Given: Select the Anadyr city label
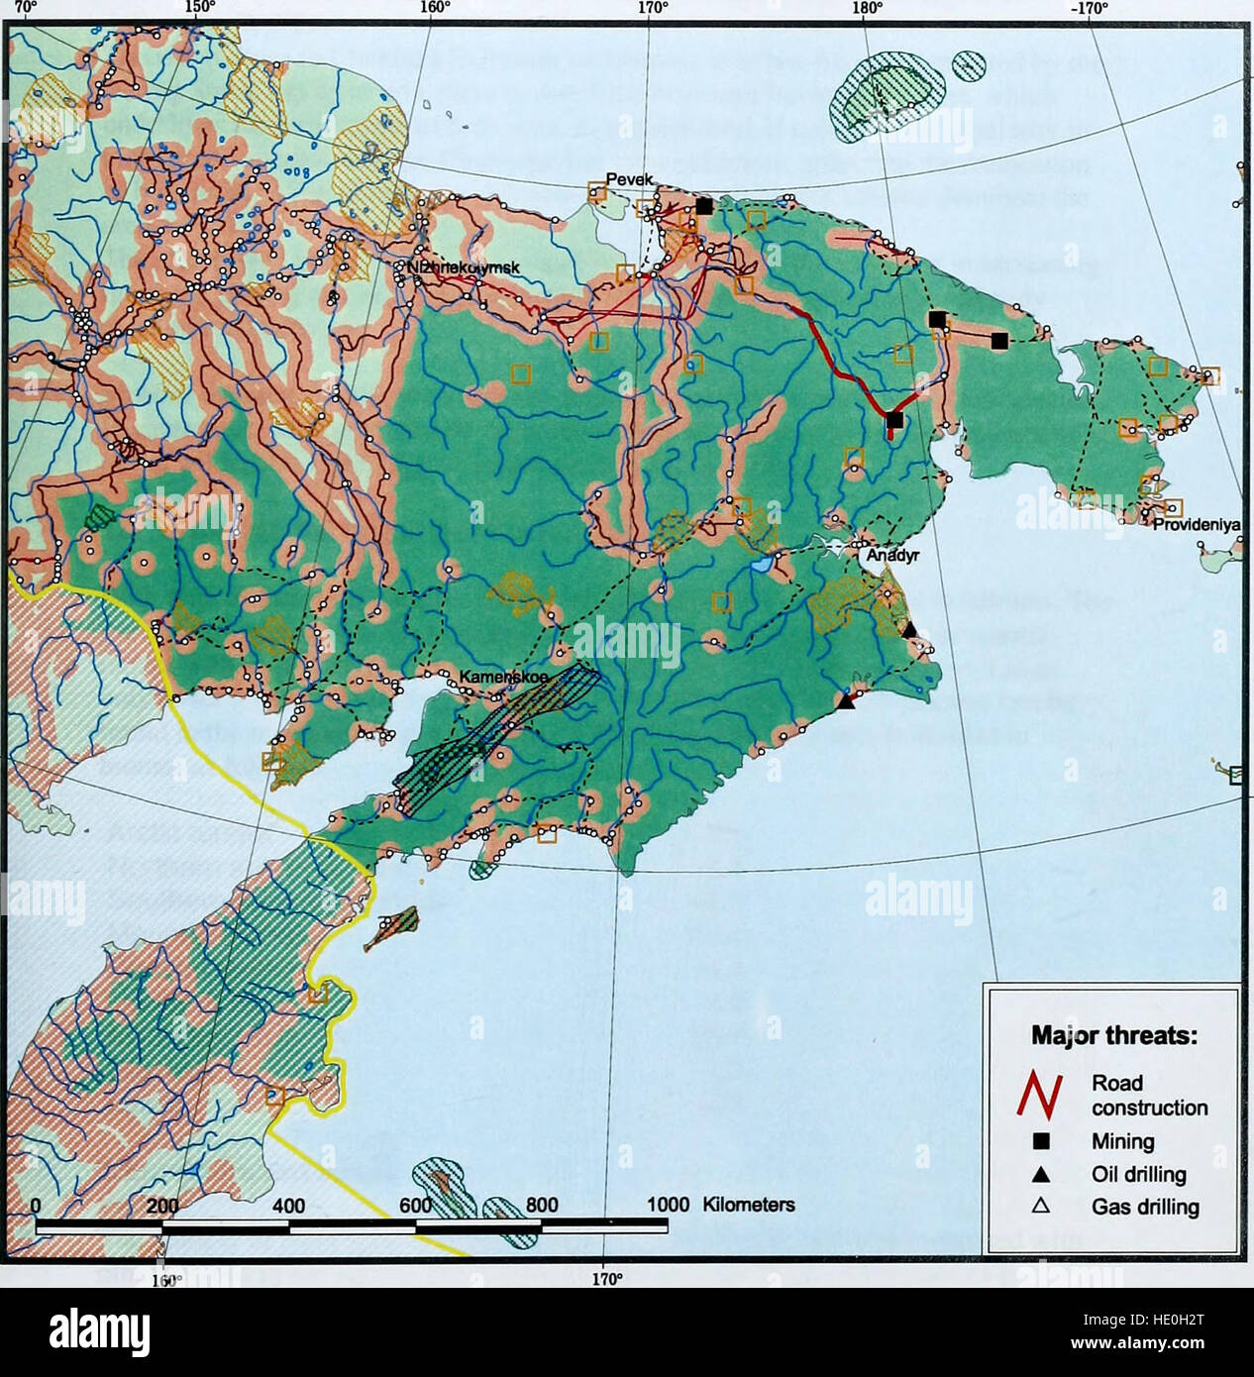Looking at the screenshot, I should pos(893,556).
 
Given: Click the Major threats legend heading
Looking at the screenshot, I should pos(1114,1036).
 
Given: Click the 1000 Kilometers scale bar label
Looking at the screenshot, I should pos(720,1206).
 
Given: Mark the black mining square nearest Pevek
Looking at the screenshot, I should pos(704,206).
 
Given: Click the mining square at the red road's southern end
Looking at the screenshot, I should pos(894,421).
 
